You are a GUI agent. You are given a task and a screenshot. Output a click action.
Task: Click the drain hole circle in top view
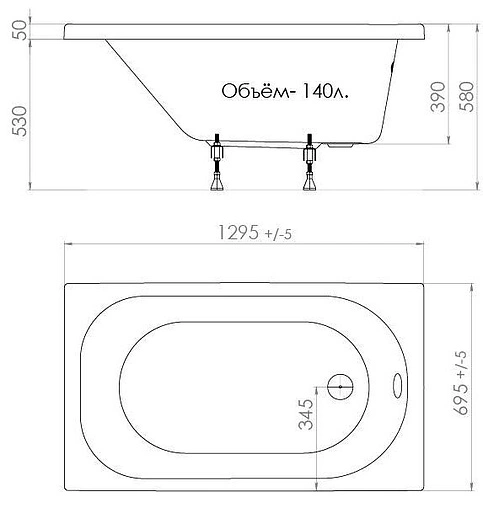click(339, 384)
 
